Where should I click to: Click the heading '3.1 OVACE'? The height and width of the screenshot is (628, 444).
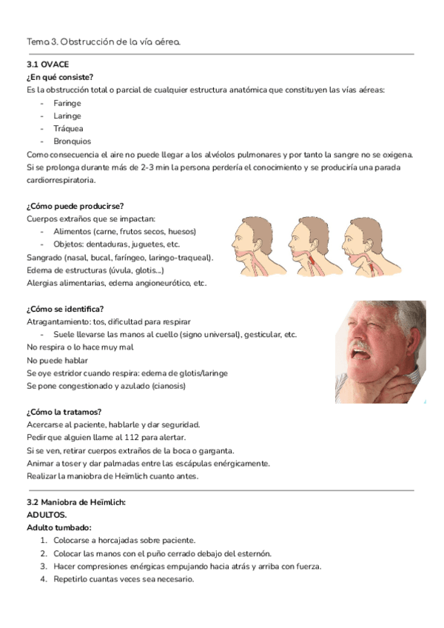[47, 64]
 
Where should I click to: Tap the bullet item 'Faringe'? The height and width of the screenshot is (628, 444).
[67, 103]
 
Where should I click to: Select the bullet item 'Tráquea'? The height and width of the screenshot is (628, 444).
[68, 128]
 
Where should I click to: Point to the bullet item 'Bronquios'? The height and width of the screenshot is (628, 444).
[72, 141]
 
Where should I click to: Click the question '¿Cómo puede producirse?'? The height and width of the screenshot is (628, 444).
[75, 205]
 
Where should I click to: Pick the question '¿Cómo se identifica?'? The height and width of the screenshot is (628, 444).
[65, 309]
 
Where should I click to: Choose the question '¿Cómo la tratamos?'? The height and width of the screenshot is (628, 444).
[64, 412]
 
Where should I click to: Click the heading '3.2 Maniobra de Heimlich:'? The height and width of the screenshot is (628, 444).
[76, 502]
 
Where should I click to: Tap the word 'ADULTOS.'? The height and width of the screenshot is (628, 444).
[47, 515]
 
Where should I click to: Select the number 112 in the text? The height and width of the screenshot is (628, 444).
[115, 438]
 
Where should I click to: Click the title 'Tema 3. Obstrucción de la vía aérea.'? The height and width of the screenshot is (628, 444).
[103, 42]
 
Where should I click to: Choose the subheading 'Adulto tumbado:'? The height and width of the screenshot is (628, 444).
[59, 528]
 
